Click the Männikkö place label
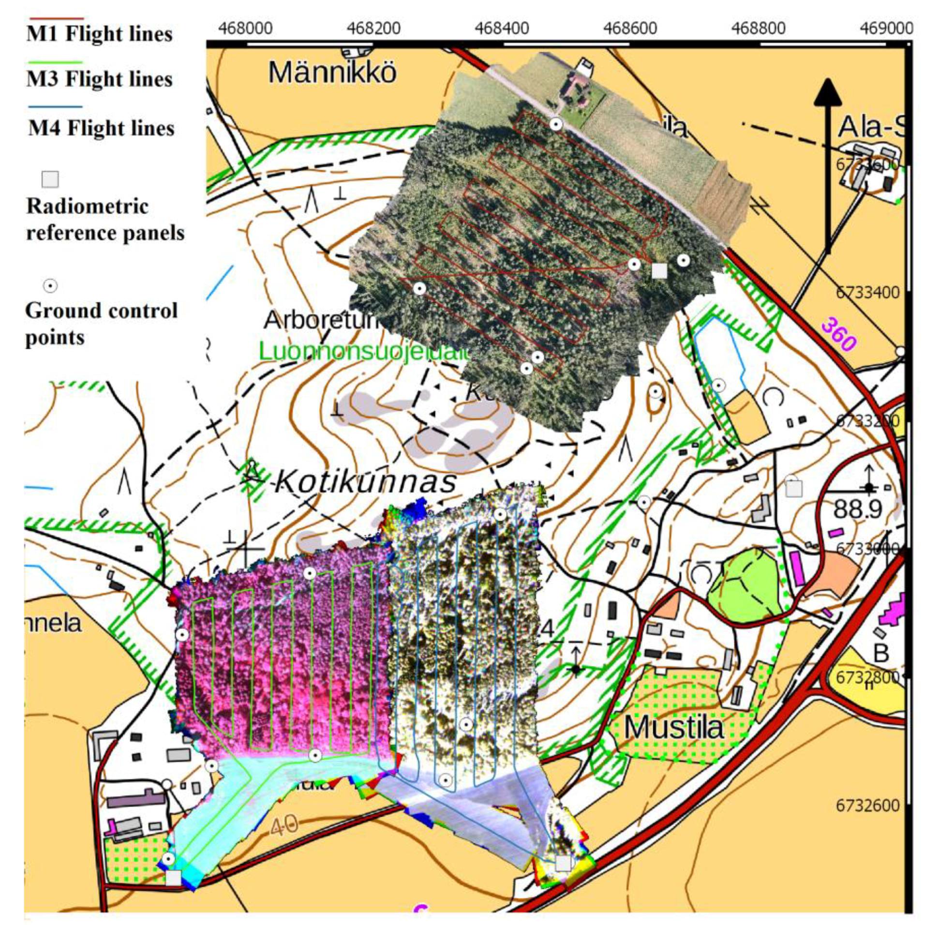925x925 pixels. pyautogui.click(x=332, y=73)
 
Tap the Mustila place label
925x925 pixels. pyautogui.click(x=673, y=727)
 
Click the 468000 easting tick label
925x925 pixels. pyautogui.click(x=245, y=28)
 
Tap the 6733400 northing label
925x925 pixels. pyautogui.click(x=867, y=292)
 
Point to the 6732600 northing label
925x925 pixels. pyautogui.click(x=867, y=806)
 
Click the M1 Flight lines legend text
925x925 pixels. pyautogui.click(x=99, y=34)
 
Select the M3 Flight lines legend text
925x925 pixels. pyautogui.click(x=99, y=79)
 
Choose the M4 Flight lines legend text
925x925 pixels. pyautogui.click(x=101, y=128)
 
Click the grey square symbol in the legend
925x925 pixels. pyautogui.click(x=50, y=179)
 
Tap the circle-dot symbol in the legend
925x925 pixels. pyautogui.click(x=50, y=286)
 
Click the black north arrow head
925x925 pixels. pyautogui.click(x=828, y=92)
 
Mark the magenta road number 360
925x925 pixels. pyautogui.click(x=838, y=334)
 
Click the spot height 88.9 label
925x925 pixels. pyautogui.click(x=857, y=509)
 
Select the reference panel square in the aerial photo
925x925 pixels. pyautogui.click(x=659, y=271)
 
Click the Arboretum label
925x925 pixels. pyautogui.click(x=319, y=320)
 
